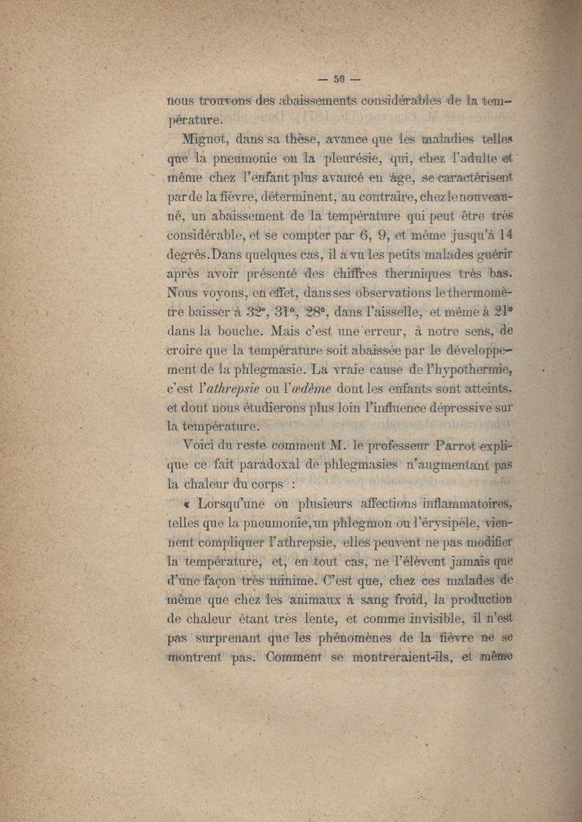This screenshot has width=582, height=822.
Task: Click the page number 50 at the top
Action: (338, 79)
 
